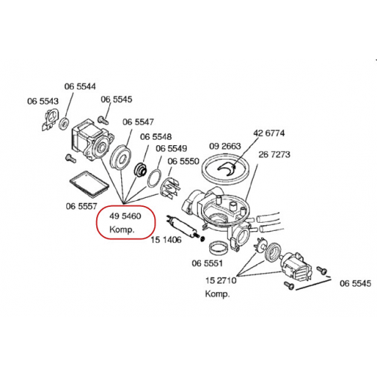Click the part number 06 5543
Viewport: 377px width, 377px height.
43,102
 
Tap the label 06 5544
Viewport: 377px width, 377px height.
80,87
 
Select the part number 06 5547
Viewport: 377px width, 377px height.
138,122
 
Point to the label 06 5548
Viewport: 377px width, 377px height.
156,137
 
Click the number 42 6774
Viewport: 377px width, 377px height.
269,133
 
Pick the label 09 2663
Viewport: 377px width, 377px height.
225,146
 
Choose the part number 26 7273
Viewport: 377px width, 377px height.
274,154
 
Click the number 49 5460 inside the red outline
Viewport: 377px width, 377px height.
125,216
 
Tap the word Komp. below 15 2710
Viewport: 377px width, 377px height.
217,293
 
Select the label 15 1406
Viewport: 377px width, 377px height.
166,240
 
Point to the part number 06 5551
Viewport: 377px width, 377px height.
207,263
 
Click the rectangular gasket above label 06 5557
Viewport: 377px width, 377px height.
89,184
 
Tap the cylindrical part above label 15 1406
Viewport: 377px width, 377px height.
183,226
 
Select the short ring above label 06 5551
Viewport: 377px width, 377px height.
219,248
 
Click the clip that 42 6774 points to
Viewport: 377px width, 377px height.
227,169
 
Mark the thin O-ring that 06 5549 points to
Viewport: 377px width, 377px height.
154,178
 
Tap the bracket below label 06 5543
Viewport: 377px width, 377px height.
50,120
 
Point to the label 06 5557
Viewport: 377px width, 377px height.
81,206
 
